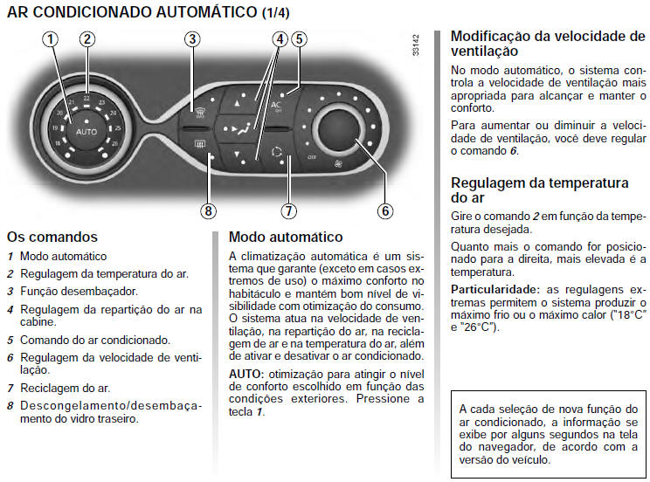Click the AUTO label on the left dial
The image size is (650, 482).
coord(86,131)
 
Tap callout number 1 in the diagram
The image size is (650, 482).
coord(52,38)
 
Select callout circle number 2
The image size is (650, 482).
coord(86,38)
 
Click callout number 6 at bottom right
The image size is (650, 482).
coord(384,210)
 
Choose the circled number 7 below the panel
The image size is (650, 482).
coord(287,210)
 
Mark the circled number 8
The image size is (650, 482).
coord(207,210)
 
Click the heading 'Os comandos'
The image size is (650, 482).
coord(52,238)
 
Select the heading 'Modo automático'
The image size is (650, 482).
coord(285,238)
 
